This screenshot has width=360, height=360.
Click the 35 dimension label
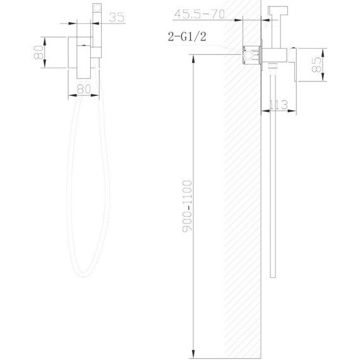(115, 18)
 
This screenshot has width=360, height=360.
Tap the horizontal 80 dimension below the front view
(83, 89)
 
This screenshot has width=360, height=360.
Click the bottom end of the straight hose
(272, 275)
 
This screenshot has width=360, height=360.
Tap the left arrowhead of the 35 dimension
(92, 23)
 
